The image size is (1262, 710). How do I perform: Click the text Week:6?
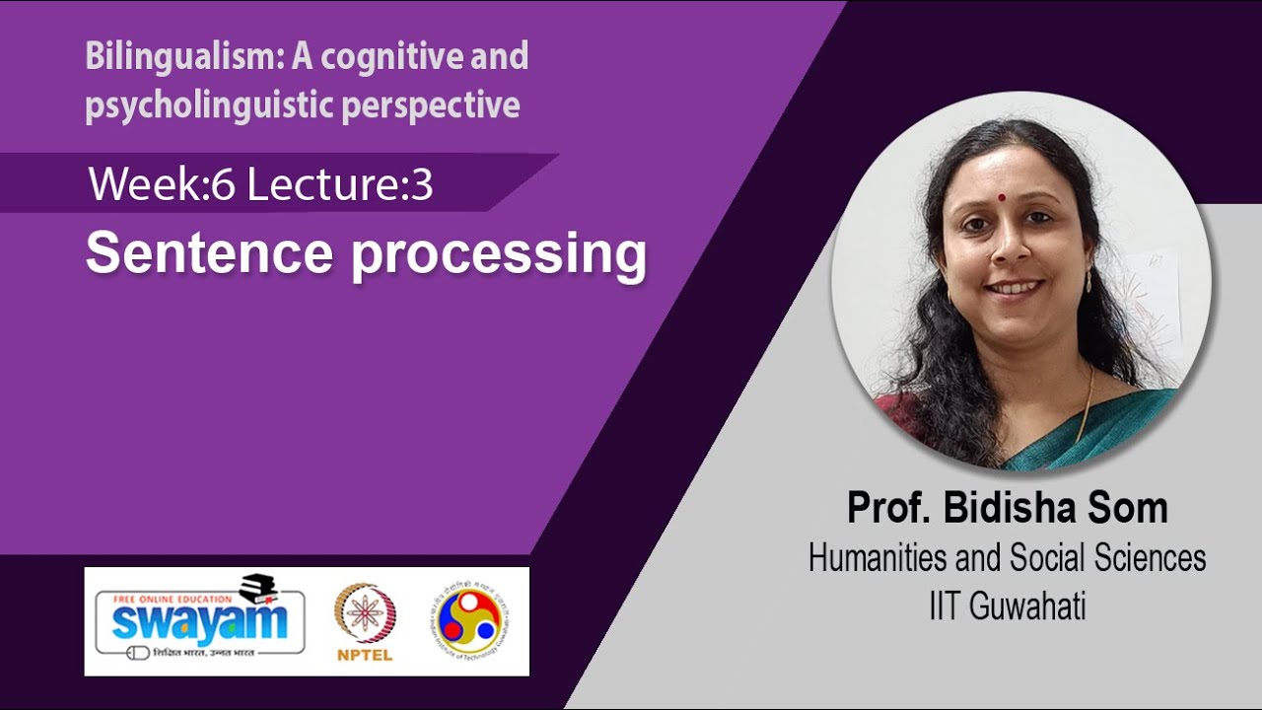[x=162, y=184]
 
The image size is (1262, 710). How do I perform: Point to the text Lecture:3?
[x=340, y=184]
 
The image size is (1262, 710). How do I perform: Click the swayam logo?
[x=200, y=621]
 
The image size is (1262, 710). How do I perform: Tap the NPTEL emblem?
[x=365, y=612]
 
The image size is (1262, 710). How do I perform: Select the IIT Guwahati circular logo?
[x=469, y=621]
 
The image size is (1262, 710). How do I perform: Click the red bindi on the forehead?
[x=1001, y=195]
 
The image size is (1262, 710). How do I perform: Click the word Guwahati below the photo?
[x=1027, y=606]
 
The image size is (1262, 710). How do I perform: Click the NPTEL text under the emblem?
[x=365, y=655]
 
